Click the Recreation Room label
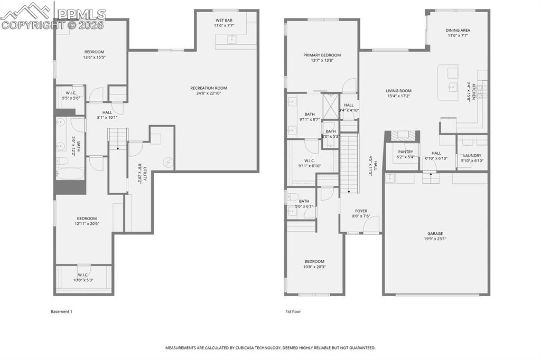pyautogui.click(x=209, y=88)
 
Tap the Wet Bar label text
pyautogui.click(x=223, y=20)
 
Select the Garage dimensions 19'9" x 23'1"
pyautogui.click(x=435, y=239)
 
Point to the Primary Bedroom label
pyautogui.click(x=322, y=55)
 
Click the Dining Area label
pyautogui.click(x=458, y=30)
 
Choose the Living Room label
pyautogui.click(x=398, y=91)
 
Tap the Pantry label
pyautogui.click(x=406, y=151)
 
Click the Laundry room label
pyautogui.click(x=472, y=155)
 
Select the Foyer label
pyautogui.click(x=360, y=211)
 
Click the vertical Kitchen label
pyautogui.click(x=474, y=91)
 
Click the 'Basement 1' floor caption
pyautogui.click(x=61, y=311)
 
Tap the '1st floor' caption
pyautogui.click(x=293, y=311)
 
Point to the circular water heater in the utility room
pyautogui.click(x=169, y=163)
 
